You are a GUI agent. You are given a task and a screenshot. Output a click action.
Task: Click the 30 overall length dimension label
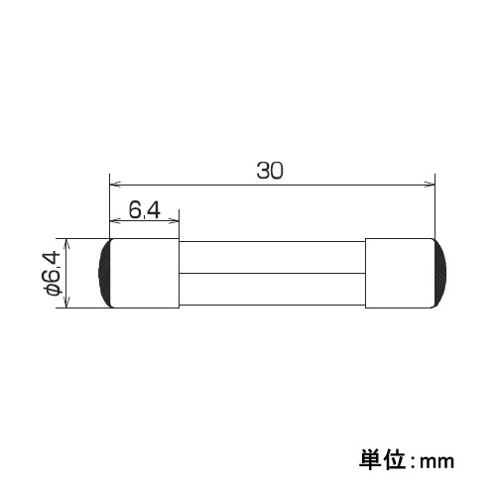(270, 170)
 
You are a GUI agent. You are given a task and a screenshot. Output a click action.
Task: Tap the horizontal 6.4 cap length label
(144, 210)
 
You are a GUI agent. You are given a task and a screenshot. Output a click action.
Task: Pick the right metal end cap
(399, 273)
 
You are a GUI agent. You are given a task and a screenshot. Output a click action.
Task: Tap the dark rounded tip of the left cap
(103, 273)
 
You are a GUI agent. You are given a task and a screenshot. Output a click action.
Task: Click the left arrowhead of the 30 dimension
(113, 184)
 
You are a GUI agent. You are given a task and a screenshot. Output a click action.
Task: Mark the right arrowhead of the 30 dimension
(431, 184)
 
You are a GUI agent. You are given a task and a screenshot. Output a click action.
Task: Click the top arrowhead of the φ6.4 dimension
(65, 243)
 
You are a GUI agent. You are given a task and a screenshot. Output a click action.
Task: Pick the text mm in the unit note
(435, 462)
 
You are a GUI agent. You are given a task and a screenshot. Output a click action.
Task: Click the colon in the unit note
(410, 461)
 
